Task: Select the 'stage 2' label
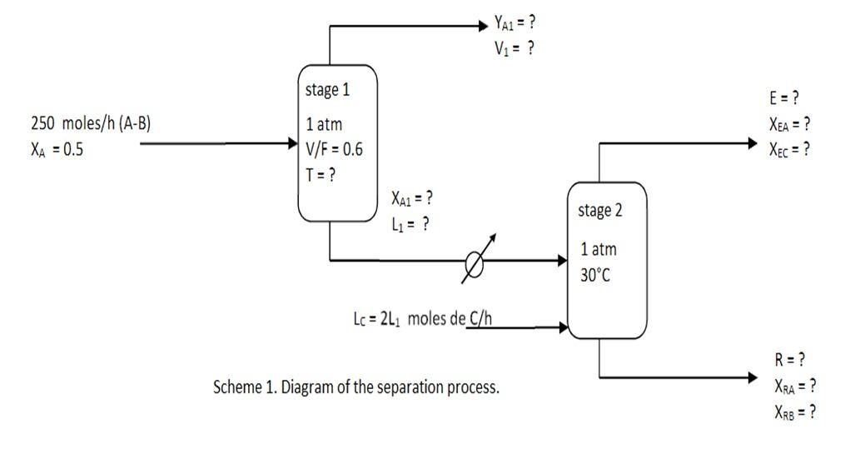(599, 210)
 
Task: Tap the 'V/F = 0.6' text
(334, 151)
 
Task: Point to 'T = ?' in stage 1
(321, 176)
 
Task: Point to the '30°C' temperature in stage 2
(596, 276)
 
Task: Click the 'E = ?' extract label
(783, 98)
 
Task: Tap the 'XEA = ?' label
(789, 124)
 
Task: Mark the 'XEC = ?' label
(789, 150)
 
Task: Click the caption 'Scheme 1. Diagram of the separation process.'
(357, 387)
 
